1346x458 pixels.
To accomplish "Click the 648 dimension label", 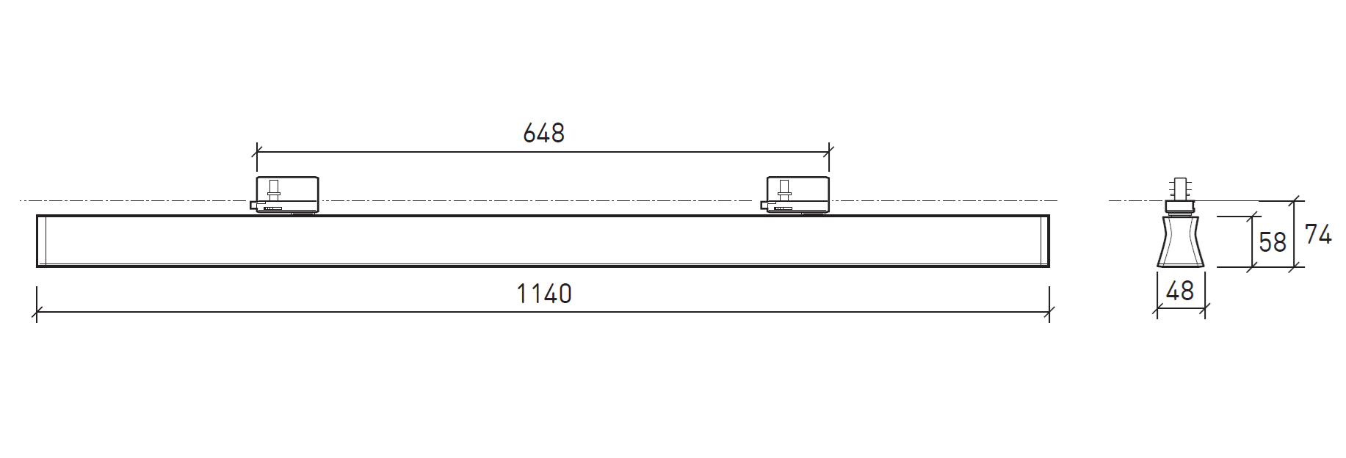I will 543,134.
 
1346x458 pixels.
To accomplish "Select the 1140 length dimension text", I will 543,294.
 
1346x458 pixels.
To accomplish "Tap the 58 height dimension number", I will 1273,242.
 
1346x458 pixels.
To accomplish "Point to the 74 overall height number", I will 1318,235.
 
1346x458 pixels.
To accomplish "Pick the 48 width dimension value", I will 1180,291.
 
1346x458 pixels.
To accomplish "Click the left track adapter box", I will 287,195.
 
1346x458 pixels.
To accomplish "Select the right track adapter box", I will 798,195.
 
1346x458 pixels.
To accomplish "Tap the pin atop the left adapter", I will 274,188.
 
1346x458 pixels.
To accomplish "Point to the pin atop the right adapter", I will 785,188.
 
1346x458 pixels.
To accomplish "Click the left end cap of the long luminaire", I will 42,241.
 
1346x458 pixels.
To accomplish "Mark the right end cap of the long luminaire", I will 1045,241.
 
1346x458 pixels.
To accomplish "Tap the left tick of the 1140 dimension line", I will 37,312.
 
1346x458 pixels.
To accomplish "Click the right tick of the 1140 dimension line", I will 1049,312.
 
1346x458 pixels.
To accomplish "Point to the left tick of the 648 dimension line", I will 257,153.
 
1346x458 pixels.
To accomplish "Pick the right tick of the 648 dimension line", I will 829,153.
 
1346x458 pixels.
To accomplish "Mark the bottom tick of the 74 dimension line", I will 1294,267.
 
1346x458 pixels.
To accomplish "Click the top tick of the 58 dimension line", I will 1251,217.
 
